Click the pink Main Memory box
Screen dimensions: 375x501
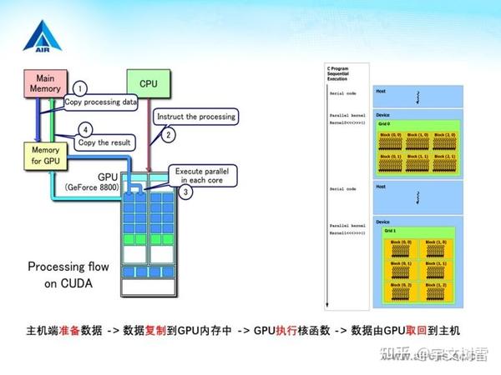pyautogui.click(x=42, y=84)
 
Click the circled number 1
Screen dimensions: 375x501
pyautogui.click(x=80, y=88)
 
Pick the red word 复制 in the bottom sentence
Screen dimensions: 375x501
pyautogui.click(x=155, y=330)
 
